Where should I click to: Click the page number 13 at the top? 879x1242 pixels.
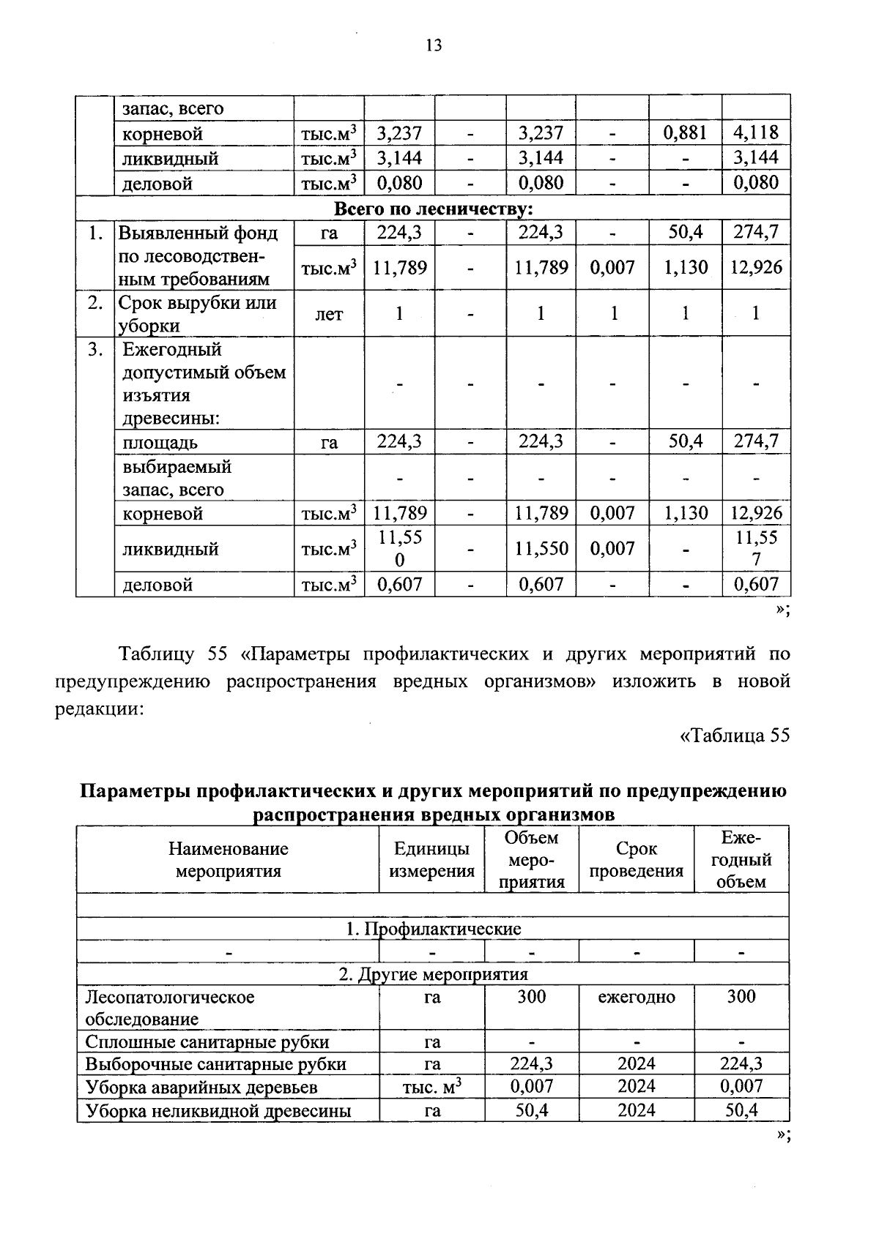[434, 45]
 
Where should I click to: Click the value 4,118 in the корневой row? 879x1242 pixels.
[756, 133]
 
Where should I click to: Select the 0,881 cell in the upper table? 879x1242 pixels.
[685, 133]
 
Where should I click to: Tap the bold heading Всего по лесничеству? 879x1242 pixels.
[433, 209]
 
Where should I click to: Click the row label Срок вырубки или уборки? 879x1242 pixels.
[197, 314]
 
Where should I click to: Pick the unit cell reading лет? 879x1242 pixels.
[329, 314]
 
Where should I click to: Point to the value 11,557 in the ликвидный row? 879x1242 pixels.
[756, 549]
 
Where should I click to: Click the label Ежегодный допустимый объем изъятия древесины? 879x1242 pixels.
[204, 384]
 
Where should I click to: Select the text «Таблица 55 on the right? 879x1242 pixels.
[735, 736]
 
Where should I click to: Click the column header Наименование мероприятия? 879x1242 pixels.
[228, 860]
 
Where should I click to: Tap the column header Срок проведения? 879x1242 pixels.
[636, 860]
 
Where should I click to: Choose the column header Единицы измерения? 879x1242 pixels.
[431, 860]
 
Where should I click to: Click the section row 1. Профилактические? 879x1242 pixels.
[433, 929]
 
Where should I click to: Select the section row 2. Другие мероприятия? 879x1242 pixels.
[433, 974]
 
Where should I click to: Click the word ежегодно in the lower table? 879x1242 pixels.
[636, 997]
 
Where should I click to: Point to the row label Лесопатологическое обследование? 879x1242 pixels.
[170, 1008]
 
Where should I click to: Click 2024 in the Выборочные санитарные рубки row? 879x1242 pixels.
[636, 1064]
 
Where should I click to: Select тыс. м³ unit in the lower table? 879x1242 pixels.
[431, 1088]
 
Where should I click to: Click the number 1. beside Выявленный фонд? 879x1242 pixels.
[94, 233]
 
